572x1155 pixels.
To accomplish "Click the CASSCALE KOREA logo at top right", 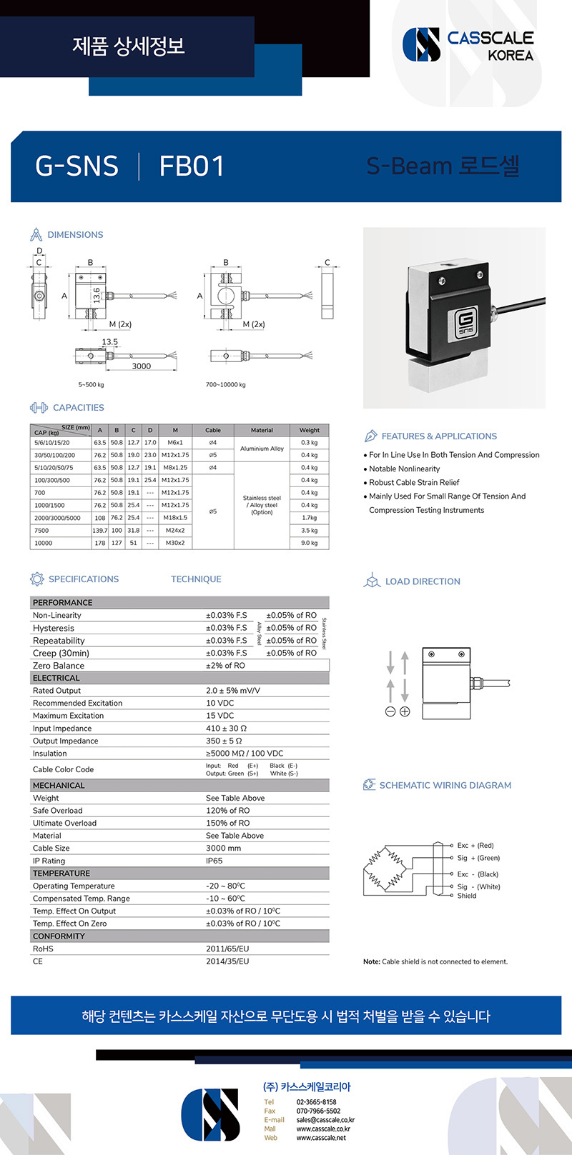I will [x=468, y=45].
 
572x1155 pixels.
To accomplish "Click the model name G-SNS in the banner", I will [x=77, y=166].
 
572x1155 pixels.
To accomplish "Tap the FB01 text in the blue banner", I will [x=192, y=166].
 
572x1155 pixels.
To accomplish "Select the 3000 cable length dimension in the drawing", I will [x=142, y=366].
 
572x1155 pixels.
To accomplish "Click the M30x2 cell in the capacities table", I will [x=175, y=543].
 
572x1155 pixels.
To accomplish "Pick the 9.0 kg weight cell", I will [x=309, y=543].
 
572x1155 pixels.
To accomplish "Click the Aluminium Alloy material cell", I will [x=262, y=449].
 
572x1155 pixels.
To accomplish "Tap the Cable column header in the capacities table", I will [x=213, y=430].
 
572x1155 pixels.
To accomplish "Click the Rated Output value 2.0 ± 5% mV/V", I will [x=233, y=691].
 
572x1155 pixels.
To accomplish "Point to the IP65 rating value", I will [x=214, y=861].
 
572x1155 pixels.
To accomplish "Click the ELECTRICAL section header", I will [x=56, y=678].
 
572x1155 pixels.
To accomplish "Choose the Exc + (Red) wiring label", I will [x=475, y=846].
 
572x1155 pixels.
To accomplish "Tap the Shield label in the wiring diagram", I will [x=467, y=896].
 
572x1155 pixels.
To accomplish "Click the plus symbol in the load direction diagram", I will [x=405, y=711].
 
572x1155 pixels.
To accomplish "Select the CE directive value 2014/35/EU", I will [x=227, y=961].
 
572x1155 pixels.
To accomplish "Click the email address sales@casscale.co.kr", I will [x=325, y=1120].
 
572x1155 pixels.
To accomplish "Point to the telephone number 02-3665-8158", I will [x=316, y=1102].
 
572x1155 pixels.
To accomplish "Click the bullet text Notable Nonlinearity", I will [x=405, y=469].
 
